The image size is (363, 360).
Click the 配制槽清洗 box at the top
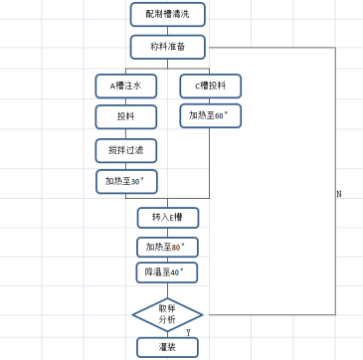point(167,14)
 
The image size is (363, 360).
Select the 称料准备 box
point(167,47)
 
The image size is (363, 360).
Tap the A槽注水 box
point(125,87)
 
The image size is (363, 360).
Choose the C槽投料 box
point(210,87)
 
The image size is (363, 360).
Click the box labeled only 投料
point(125,117)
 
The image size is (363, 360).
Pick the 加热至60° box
point(210,117)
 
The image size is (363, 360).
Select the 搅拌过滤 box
point(125,150)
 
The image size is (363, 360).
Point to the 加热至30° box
point(125,182)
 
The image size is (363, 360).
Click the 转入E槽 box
point(167,218)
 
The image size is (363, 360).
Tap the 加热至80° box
point(167,247)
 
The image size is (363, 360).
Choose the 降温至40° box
point(167,272)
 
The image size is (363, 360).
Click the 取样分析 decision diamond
point(167,314)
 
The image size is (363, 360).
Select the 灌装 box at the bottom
point(167,347)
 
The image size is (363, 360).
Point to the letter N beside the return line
point(339,194)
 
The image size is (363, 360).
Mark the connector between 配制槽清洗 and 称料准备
point(167,31)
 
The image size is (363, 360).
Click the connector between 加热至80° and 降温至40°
point(167,260)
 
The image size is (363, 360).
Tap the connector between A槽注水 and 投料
point(125,101)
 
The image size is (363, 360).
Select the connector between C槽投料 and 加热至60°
point(210,101)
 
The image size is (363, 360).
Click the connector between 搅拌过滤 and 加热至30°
point(125,166)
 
